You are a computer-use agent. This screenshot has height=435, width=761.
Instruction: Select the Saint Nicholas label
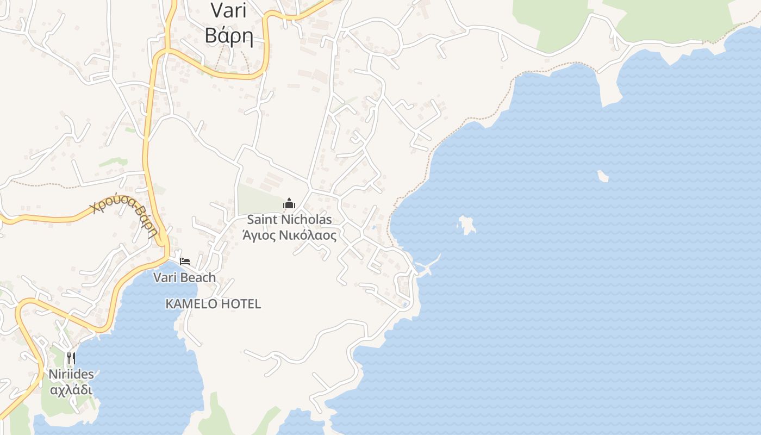289,220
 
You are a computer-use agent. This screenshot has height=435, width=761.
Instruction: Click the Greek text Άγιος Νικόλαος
289,235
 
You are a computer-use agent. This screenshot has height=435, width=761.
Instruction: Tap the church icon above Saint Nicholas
289,204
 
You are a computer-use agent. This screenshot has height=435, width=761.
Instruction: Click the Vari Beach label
184,277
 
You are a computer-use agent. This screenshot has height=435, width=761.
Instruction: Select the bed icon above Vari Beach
185,262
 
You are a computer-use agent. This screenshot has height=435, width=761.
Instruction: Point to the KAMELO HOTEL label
213,304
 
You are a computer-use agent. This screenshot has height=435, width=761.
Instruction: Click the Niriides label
71,374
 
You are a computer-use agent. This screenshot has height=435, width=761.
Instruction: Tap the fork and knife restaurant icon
71,358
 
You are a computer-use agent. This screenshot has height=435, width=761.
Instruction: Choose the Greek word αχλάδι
71,390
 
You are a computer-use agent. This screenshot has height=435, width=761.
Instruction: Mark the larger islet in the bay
466,224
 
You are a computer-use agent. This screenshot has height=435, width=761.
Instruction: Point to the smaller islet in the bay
603,176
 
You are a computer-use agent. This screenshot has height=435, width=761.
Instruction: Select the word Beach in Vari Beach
198,277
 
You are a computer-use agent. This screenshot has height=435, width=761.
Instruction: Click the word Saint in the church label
262,220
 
